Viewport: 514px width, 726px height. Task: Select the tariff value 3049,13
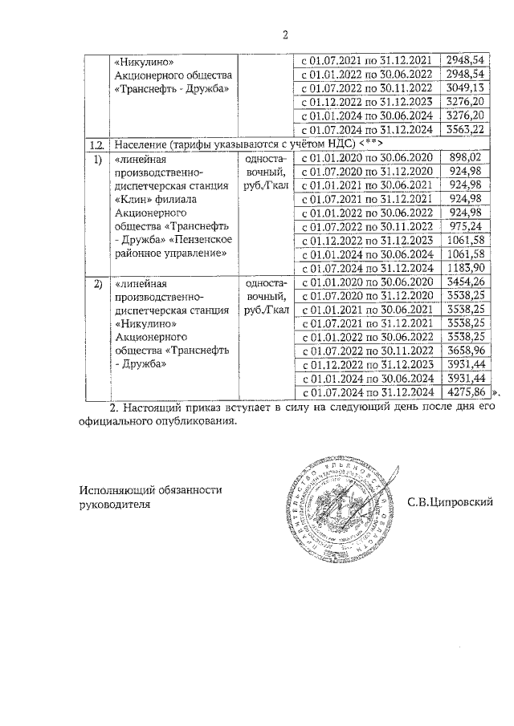pyautogui.click(x=466, y=87)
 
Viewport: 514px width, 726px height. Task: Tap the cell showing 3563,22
pyautogui.click(x=466, y=129)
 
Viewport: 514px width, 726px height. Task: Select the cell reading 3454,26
pyautogui.click(x=466, y=282)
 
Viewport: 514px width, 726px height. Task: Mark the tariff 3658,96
pyautogui.click(x=466, y=351)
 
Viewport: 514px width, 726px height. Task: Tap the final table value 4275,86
pyautogui.click(x=466, y=392)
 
